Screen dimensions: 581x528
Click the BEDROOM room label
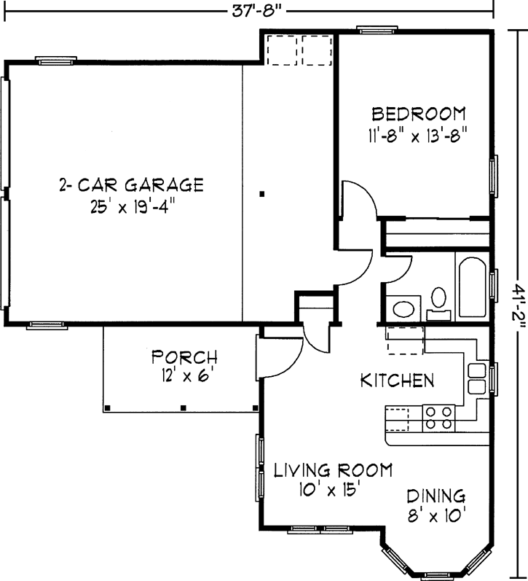pos(418,114)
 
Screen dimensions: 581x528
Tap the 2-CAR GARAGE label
pos(130,184)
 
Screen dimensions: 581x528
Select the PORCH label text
pos(184,357)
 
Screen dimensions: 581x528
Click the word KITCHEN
pos(398,381)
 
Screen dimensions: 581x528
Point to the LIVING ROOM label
pos(333,469)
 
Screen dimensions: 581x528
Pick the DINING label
pos(436,496)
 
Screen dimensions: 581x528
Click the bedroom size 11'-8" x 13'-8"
pos(417,136)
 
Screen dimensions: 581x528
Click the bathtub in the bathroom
pos(473,287)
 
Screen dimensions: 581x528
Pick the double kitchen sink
pos(476,378)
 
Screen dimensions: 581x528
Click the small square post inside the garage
pos(263,194)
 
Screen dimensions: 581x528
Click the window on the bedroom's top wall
pos(377,30)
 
